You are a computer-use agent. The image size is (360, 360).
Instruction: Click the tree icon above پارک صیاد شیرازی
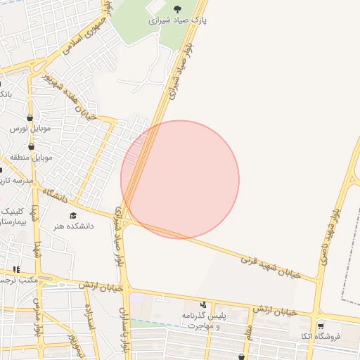click(x=176, y=9)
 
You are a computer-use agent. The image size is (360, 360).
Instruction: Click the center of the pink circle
click(x=180, y=179)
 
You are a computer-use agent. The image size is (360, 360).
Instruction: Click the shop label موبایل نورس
click(x=28, y=129)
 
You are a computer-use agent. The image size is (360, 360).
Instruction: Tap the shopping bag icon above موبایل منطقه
click(x=31, y=146)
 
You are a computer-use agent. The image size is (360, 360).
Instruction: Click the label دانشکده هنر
click(x=67, y=226)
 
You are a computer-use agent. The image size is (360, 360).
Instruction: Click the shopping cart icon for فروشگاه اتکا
click(x=321, y=326)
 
